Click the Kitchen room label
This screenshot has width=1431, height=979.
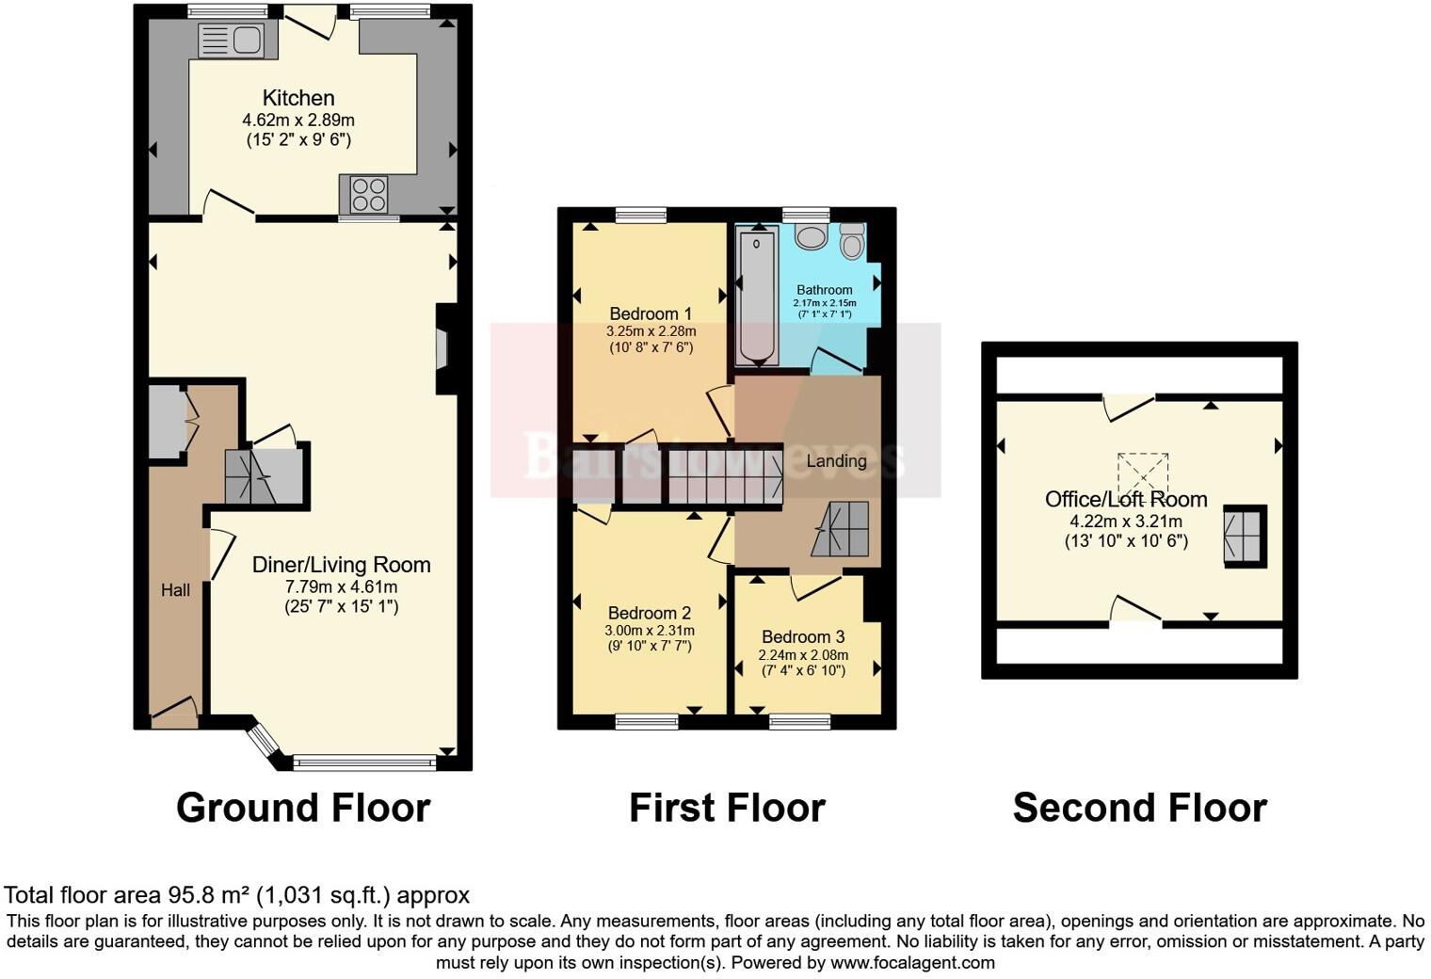[x=298, y=98]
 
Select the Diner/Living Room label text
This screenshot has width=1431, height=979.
[x=341, y=565]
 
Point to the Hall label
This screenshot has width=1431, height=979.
[x=175, y=590]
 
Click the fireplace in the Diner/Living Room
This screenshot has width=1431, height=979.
[x=442, y=348]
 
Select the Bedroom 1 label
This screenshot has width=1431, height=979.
[x=651, y=313]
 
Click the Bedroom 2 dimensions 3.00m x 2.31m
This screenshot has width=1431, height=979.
[x=650, y=631]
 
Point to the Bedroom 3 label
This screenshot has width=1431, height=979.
[x=803, y=637]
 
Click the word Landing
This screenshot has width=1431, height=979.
[x=836, y=461]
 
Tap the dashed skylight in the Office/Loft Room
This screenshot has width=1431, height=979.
[x=1142, y=472]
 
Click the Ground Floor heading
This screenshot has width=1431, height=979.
[x=303, y=808]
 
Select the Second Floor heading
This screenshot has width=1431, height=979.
[x=1139, y=808]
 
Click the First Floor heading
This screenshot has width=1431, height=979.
[x=727, y=808]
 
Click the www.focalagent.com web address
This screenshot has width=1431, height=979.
[x=910, y=962]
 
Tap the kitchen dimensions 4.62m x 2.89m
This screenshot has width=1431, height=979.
[x=298, y=120]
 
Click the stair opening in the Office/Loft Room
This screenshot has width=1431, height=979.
[x=1245, y=536]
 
